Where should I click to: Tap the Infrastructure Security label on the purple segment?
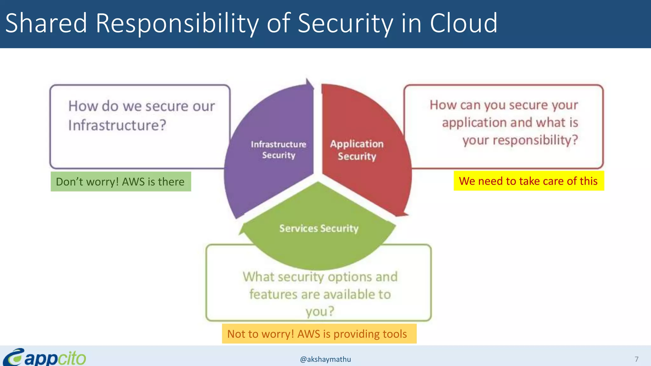point(278,150)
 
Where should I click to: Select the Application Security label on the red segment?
point(357,150)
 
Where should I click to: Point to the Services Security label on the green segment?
point(319,228)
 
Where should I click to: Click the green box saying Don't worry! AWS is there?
point(120,181)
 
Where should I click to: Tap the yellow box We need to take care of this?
point(528,181)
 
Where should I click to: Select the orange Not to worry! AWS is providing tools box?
point(319,334)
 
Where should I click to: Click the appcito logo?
point(45,357)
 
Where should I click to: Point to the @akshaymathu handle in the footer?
point(325,359)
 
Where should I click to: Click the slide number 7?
point(636,359)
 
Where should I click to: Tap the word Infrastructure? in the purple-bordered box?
point(117,125)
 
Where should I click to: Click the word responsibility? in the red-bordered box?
point(520,140)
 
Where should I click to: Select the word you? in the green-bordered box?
point(320,311)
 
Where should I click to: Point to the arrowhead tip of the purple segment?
point(308,80)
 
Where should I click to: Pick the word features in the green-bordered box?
point(273,294)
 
